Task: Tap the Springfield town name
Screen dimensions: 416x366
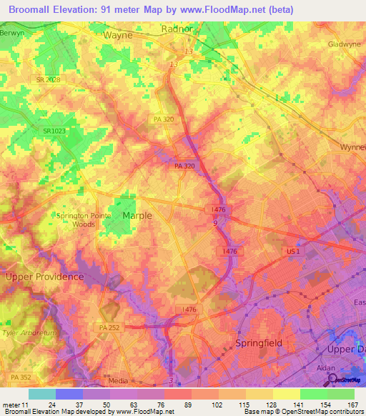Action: click(259, 343)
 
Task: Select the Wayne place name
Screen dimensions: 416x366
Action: click(119, 34)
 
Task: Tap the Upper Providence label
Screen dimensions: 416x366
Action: click(44, 276)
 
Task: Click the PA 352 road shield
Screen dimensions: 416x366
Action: click(21, 376)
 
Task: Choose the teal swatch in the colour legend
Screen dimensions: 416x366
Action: click(42, 394)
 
